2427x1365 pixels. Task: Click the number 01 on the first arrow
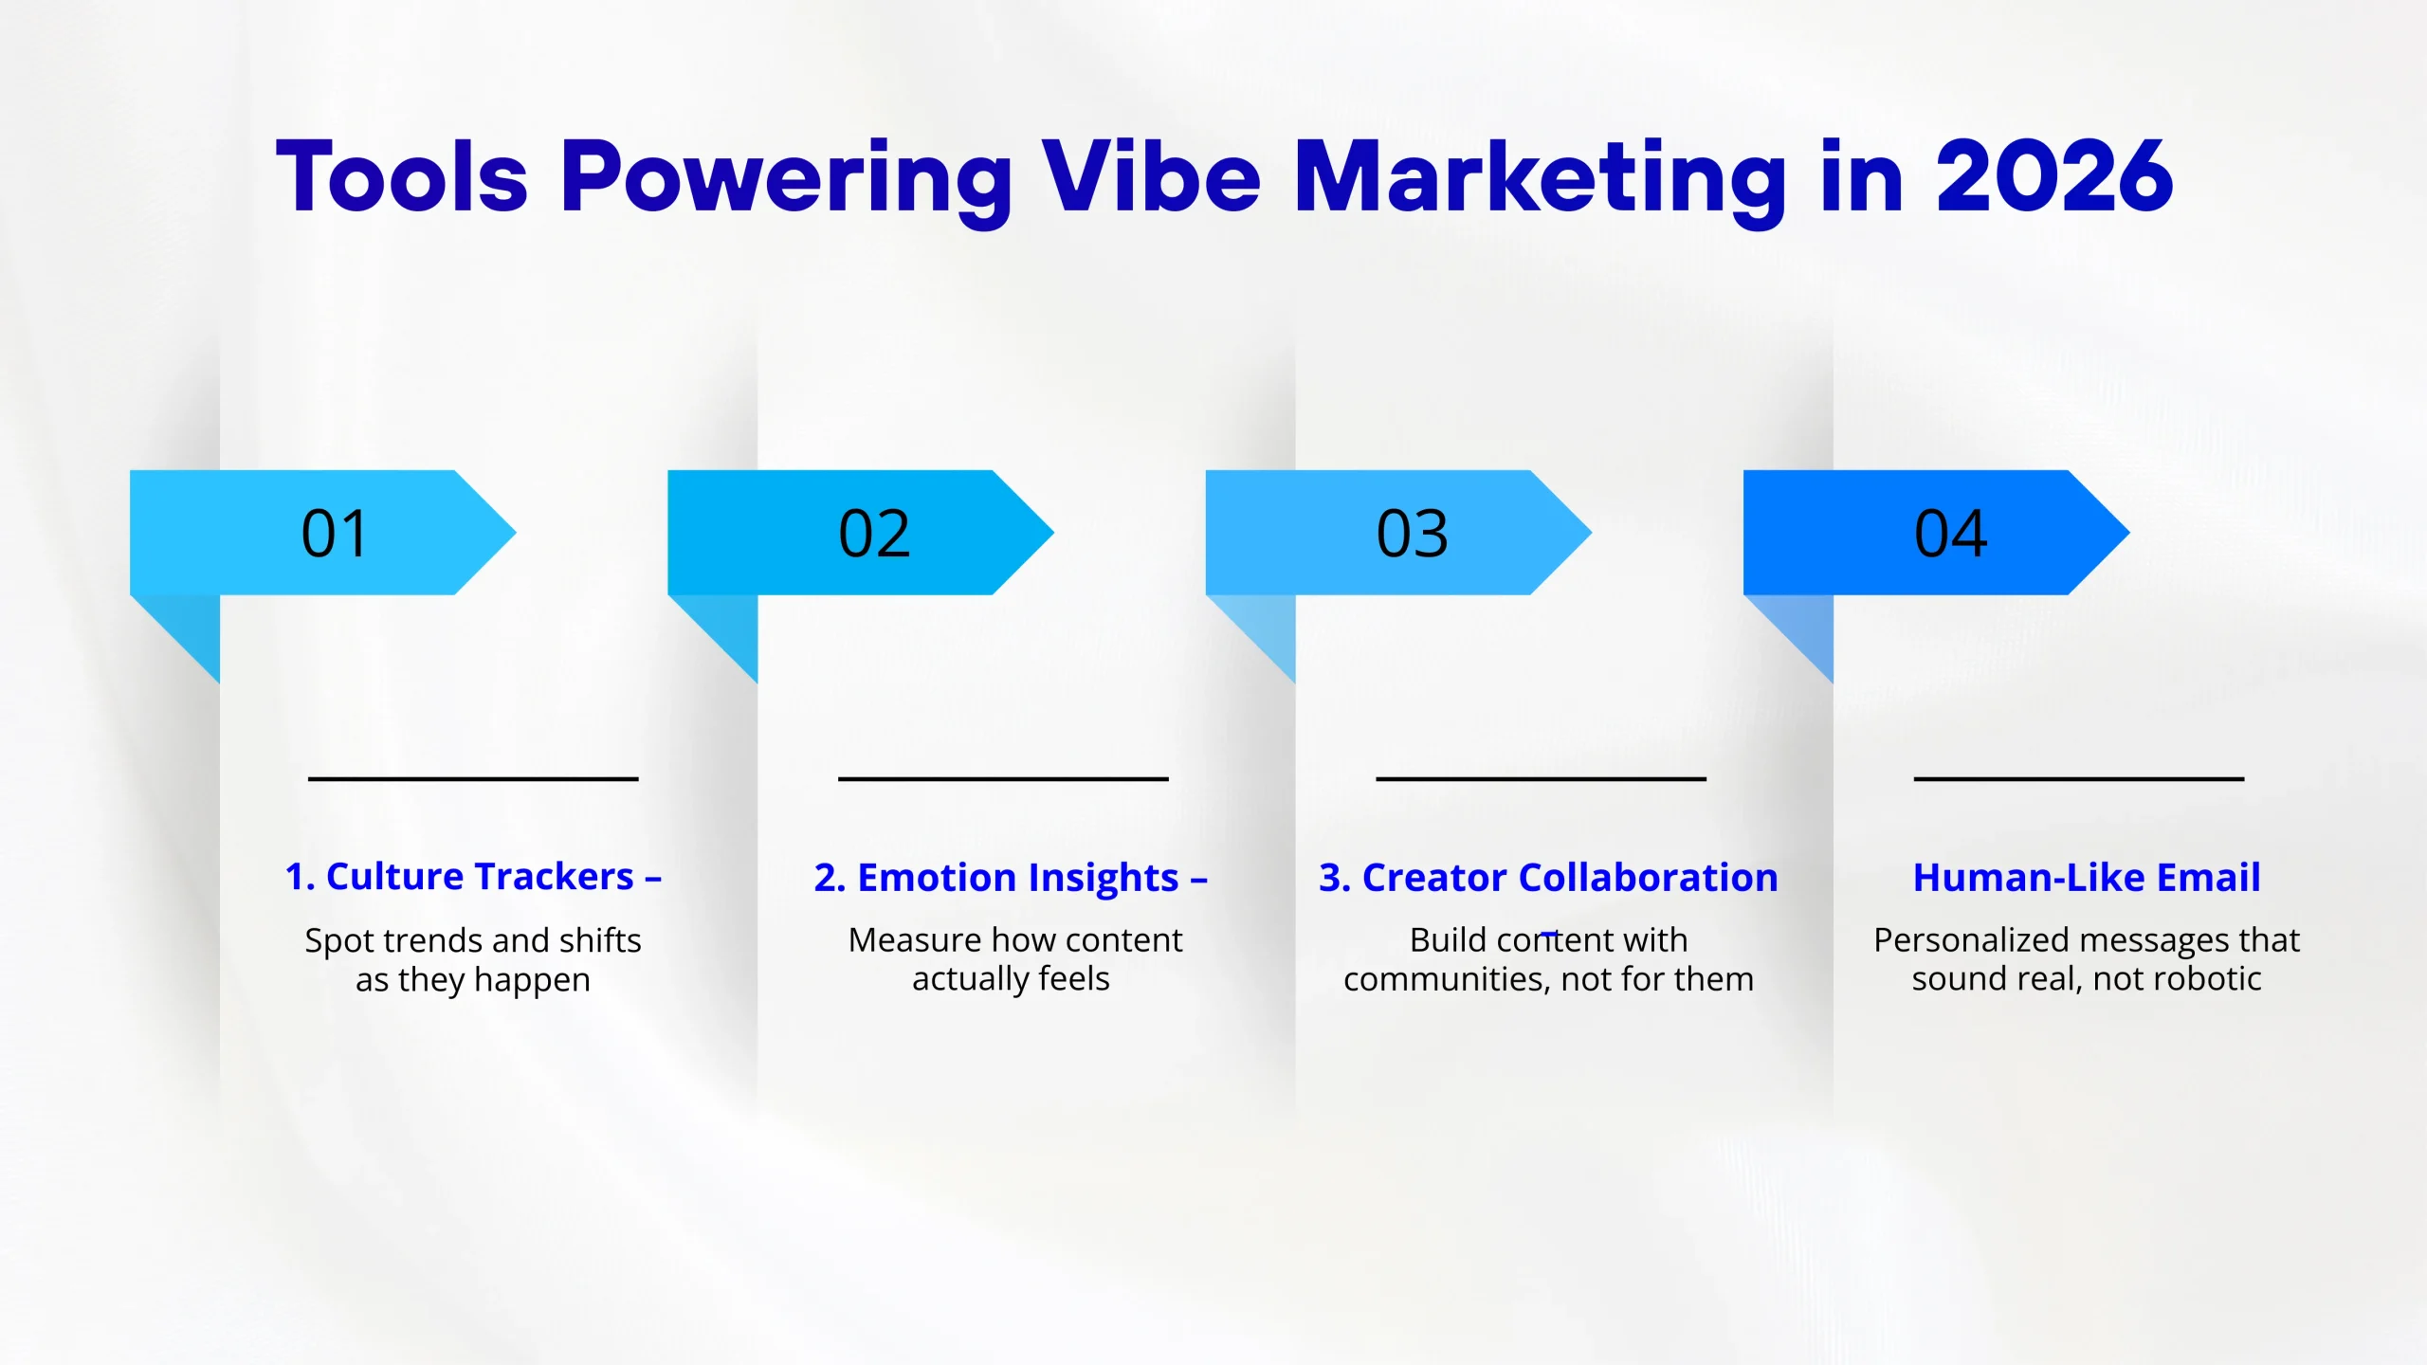pos(335,534)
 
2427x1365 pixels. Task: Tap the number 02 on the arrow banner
pos(874,534)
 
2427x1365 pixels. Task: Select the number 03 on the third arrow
pos(1413,534)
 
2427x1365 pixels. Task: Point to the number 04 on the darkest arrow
pos(1951,534)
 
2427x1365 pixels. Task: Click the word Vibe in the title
pos(1152,176)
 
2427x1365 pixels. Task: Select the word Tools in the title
pos(401,176)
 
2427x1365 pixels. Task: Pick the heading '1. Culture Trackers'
pos(460,877)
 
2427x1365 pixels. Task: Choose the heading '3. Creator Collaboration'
pos(1548,878)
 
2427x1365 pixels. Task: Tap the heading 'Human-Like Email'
pos(2087,878)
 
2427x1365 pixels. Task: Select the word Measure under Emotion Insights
pos(915,940)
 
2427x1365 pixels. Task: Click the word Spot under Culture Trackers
pos(339,942)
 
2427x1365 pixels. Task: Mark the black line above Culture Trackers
pos(473,779)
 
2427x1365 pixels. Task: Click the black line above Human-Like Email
pos(2079,779)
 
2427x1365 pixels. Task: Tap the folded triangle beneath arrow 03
pos(1266,625)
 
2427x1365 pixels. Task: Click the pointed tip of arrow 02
pos(1052,533)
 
